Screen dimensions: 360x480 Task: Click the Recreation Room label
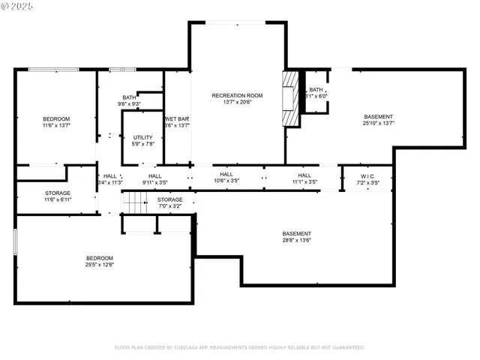coord(237,95)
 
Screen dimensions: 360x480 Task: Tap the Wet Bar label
coord(177,119)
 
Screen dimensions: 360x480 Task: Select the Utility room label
coord(143,137)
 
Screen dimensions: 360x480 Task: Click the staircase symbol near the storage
coord(133,202)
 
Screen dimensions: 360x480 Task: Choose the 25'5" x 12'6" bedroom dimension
coord(99,264)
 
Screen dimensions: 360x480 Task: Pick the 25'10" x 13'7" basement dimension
coord(378,124)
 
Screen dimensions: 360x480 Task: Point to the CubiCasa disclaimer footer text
coord(239,347)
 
